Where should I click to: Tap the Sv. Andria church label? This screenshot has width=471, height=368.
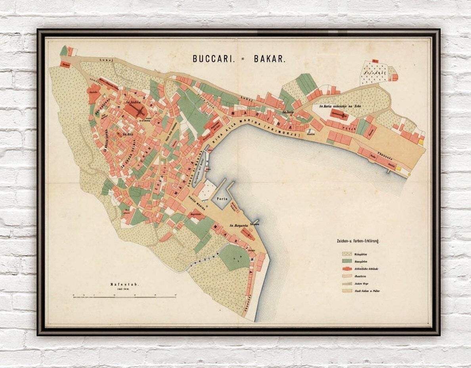pyautogui.click(x=133, y=102)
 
